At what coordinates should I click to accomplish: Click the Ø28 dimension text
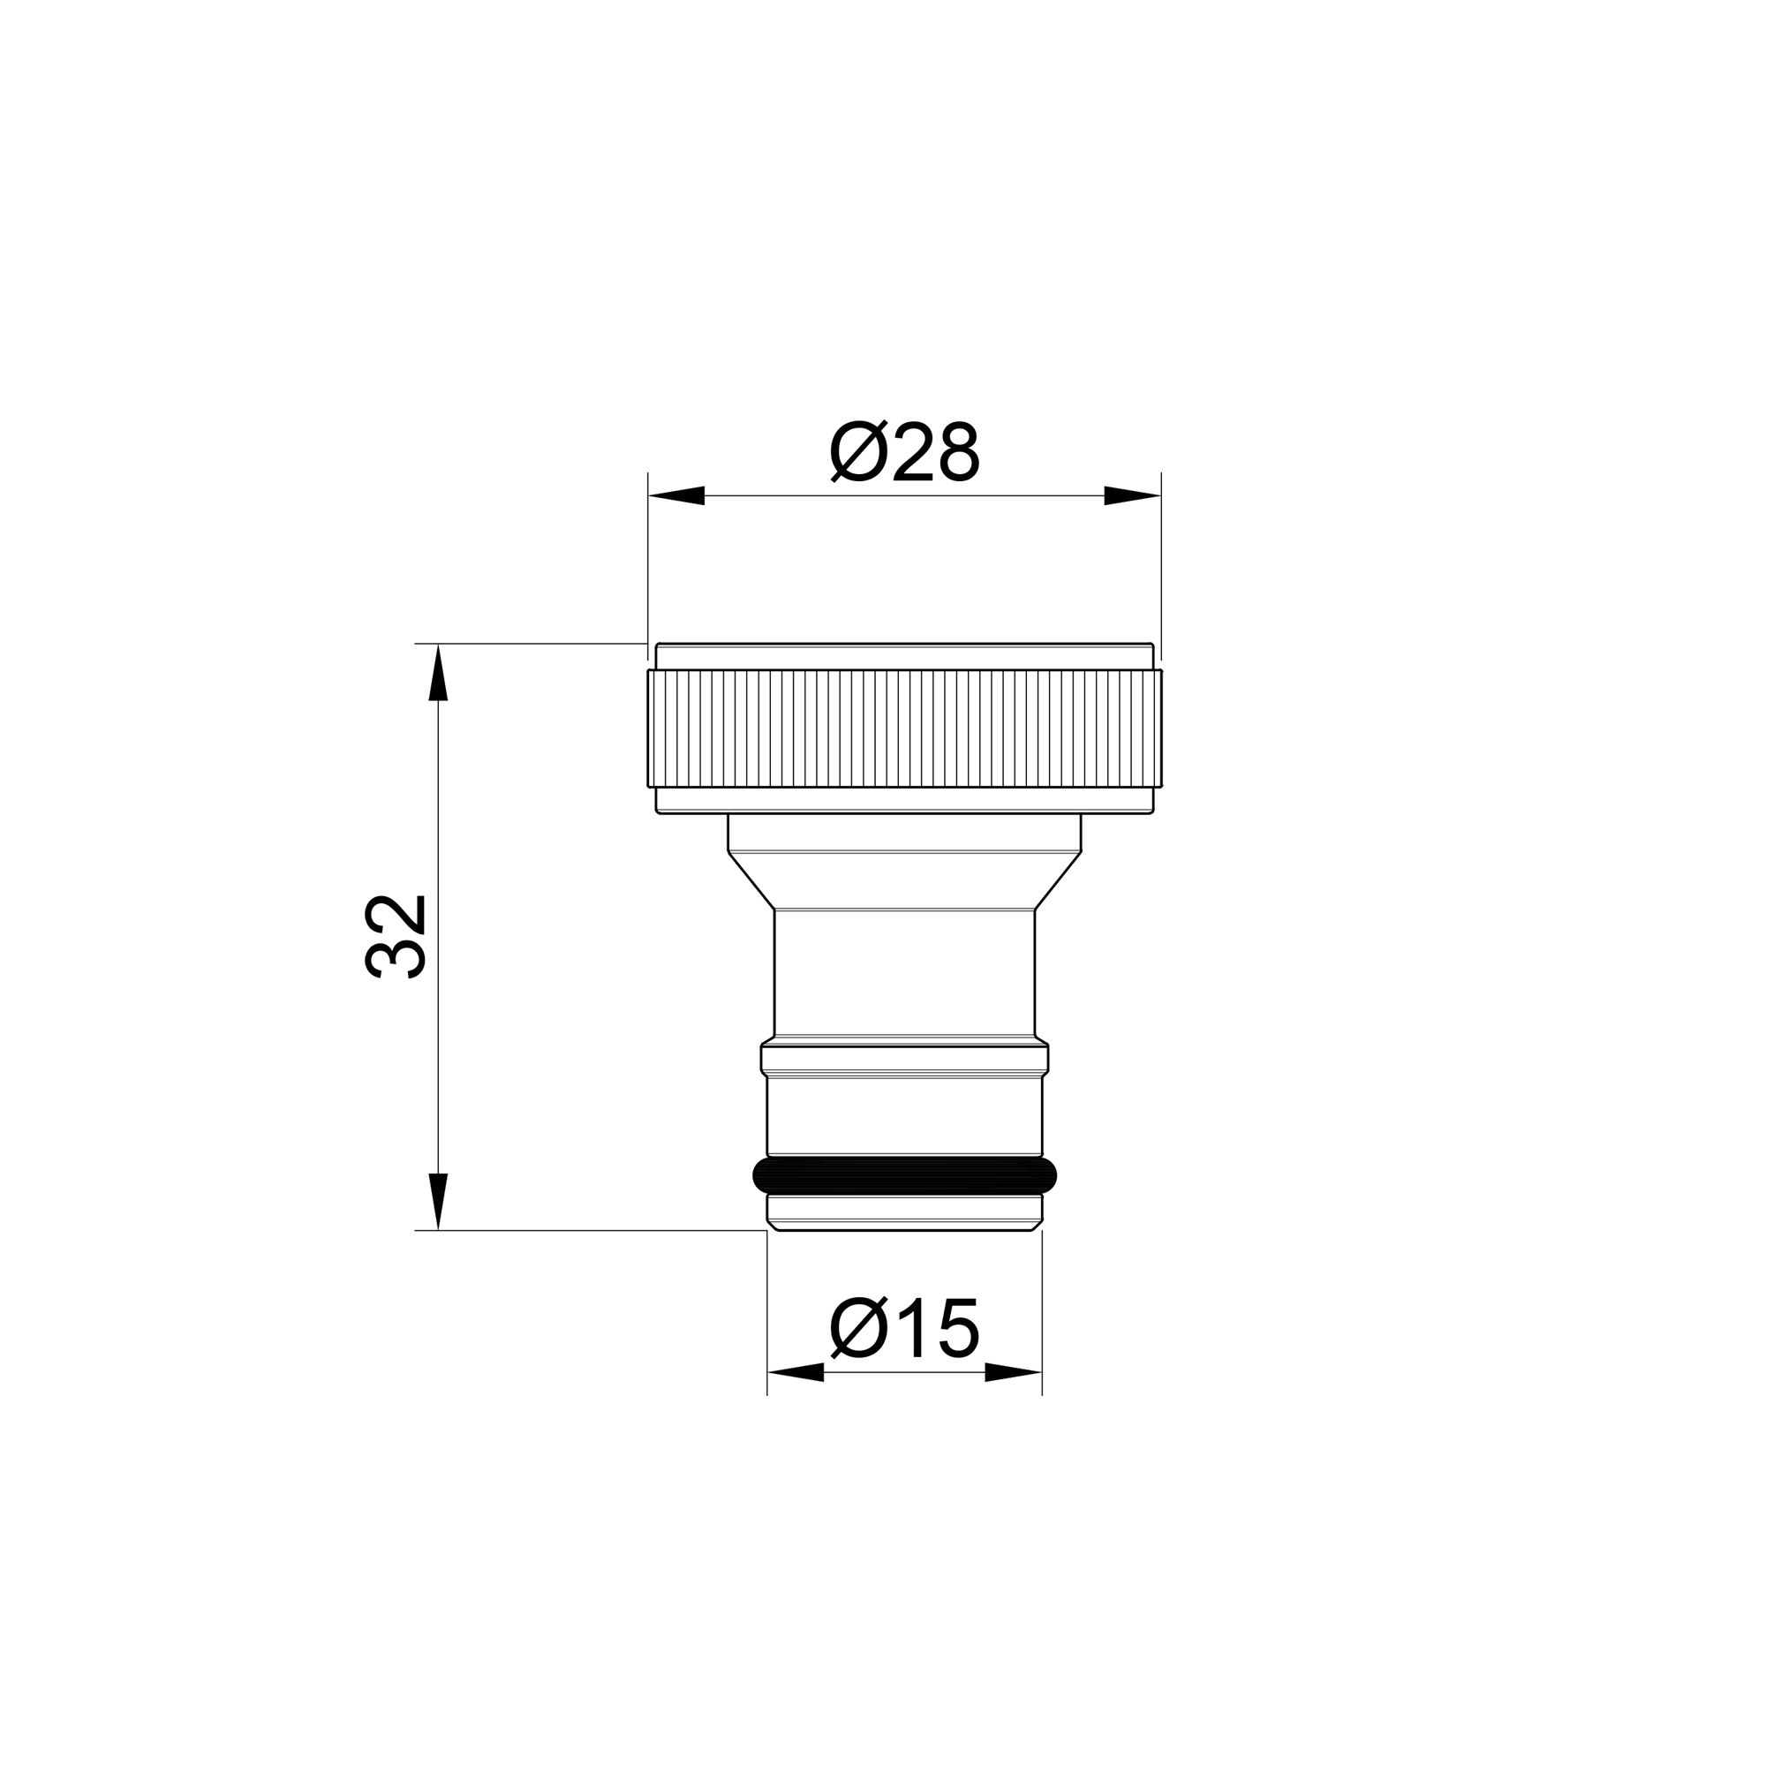point(904,452)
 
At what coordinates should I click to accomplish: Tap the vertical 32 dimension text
point(396,937)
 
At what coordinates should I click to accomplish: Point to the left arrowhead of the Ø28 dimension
point(676,496)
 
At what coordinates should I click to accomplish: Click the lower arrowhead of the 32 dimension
point(439,1201)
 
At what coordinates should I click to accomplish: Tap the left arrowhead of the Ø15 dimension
point(796,1372)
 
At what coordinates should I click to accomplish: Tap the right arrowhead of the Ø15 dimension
point(1013,1372)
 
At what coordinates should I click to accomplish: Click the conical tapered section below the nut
point(904,879)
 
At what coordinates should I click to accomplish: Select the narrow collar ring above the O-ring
point(904,1059)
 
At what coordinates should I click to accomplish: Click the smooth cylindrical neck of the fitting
point(904,973)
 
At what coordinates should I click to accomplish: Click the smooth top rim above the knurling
point(904,656)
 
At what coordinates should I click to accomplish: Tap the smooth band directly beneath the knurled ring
point(904,800)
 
